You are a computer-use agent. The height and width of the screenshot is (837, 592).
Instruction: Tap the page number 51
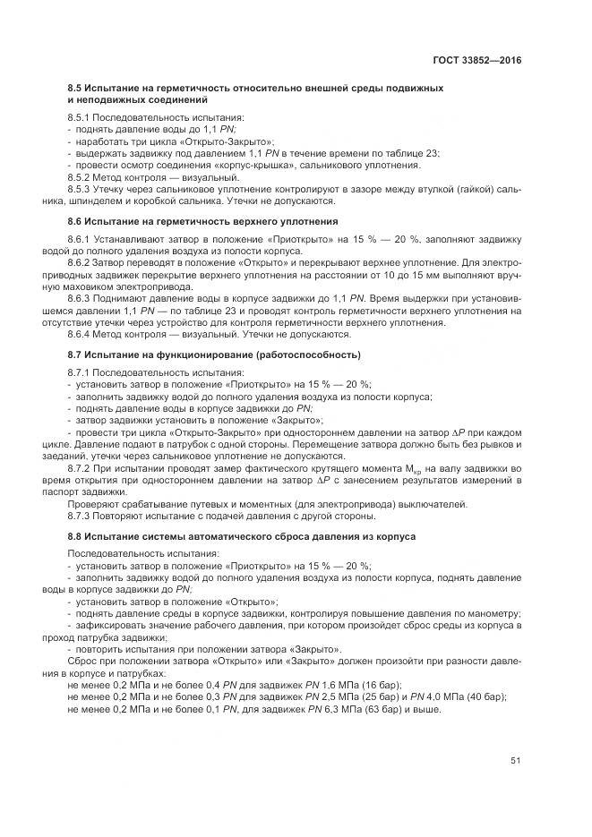pos(516,761)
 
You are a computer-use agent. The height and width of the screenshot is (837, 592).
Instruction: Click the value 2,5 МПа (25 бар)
pos(357,696)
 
